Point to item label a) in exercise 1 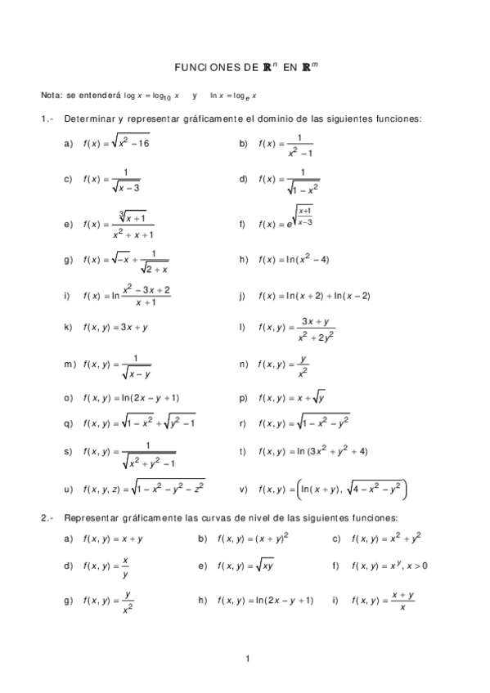pos(68,144)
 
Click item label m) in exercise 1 pos(69,364)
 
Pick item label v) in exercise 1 pos(243,490)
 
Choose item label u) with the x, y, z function pos(68,490)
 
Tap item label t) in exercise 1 pos(242,450)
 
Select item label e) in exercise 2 pos(202,565)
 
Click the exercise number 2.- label pos(47,518)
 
